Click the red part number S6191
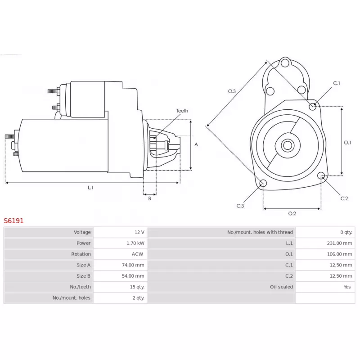[13, 220]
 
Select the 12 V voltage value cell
[139, 232]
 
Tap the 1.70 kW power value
[135, 243]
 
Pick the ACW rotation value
[137, 254]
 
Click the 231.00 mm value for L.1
[339, 243]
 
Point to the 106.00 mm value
[339, 254]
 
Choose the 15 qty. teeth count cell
[137, 287]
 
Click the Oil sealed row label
[281, 287]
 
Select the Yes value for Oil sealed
[347, 287]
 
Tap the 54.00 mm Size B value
[133, 276]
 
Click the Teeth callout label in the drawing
[182, 111]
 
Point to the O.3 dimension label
[232, 91]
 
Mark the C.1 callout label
[337, 83]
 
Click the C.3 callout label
[240, 206]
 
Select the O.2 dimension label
[292, 213]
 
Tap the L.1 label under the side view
[90, 188]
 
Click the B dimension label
[150, 198]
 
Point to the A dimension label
[196, 144]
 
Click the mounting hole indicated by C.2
[321, 176]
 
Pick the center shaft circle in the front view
[288, 145]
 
